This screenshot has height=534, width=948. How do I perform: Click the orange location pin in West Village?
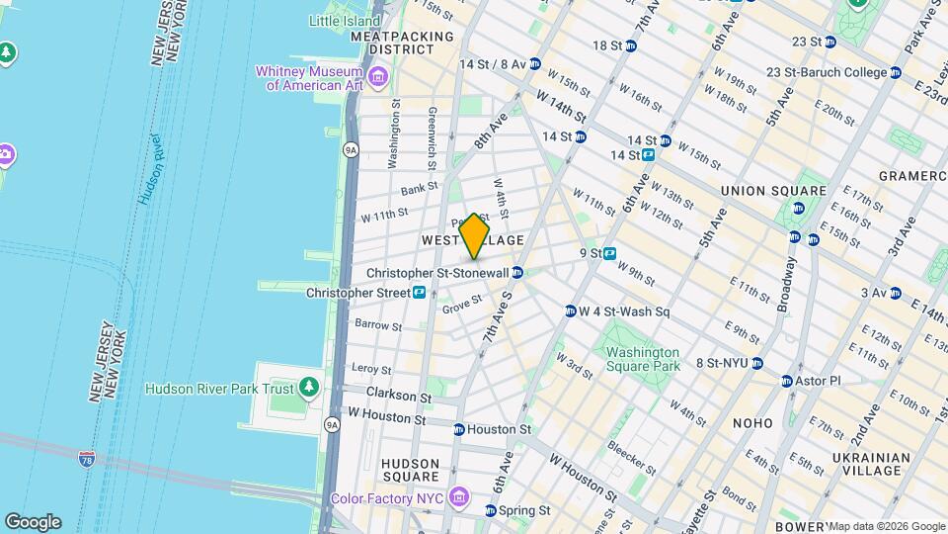(x=474, y=236)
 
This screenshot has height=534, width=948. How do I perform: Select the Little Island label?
(x=345, y=20)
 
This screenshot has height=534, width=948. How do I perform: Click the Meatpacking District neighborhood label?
(x=402, y=43)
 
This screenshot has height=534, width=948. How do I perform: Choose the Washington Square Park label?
(x=643, y=359)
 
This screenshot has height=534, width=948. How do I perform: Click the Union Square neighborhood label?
(x=773, y=191)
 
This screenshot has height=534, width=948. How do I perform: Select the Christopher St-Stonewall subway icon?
(x=517, y=272)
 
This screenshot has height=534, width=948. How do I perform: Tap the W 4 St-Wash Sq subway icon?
(x=570, y=311)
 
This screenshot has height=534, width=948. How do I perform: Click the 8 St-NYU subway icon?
(x=756, y=363)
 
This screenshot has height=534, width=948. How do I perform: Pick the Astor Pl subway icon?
(x=787, y=381)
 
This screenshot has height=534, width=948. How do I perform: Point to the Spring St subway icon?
(x=491, y=511)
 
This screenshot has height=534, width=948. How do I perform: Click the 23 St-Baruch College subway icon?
(x=895, y=72)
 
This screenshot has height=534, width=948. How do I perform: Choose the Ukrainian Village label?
(x=870, y=464)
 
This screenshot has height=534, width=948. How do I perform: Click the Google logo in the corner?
(x=33, y=521)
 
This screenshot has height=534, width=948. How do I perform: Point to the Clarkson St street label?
(x=398, y=397)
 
